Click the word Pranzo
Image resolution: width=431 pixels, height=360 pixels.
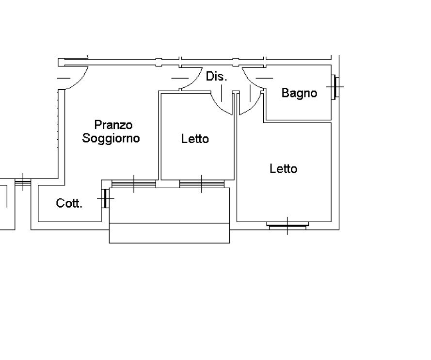click(x=113, y=125)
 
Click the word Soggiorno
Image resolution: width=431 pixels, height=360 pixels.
click(x=111, y=138)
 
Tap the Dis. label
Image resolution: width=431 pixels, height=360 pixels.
click(x=216, y=76)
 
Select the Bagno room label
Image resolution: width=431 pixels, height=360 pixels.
click(x=299, y=93)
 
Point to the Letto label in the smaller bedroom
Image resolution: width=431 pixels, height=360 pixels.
click(x=195, y=139)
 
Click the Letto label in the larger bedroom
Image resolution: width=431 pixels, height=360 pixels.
click(x=284, y=169)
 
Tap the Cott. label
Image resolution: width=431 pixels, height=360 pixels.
click(x=69, y=203)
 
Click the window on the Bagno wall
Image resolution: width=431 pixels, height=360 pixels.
click(x=334, y=87)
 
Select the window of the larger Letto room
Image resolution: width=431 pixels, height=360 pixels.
click(x=287, y=225)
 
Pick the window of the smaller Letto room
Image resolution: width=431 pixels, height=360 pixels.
click(x=202, y=183)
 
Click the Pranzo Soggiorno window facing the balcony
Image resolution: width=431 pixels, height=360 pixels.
click(x=134, y=183)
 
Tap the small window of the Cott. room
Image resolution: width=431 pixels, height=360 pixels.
click(x=104, y=198)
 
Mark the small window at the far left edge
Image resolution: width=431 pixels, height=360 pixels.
click(x=22, y=182)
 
